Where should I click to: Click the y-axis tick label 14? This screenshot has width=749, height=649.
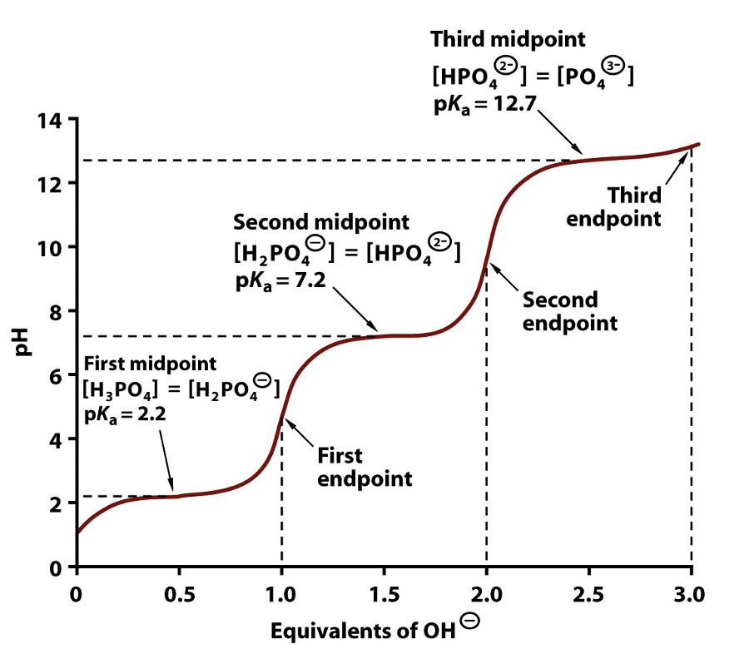[x=49, y=120]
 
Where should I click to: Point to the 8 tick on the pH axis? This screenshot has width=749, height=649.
[x=55, y=311]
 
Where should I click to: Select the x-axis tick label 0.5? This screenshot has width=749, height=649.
[x=178, y=595]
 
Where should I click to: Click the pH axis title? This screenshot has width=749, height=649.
[x=24, y=342]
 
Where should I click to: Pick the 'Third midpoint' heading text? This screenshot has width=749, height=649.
[x=508, y=39]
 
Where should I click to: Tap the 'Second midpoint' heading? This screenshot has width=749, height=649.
[x=321, y=223]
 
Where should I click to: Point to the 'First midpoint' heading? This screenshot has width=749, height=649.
[x=149, y=364]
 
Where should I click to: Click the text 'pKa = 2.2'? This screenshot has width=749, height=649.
[x=125, y=414]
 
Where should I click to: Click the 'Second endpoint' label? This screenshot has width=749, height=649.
[x=570, y=311]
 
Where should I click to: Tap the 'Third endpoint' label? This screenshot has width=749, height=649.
[x=634, y=207]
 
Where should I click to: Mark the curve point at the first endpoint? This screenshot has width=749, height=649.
[x=281, y=416]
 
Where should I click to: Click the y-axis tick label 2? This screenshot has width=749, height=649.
[x=55, y=504]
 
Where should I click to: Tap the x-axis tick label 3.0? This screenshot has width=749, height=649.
[x=690, y=595]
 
